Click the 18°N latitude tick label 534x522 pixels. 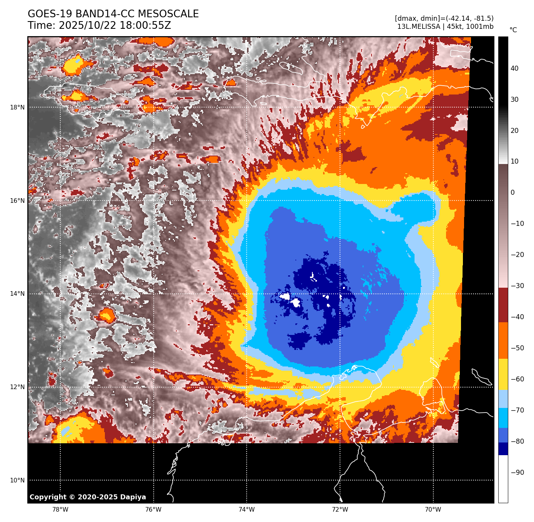point(17,108)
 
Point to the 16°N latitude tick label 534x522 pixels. point(17,201)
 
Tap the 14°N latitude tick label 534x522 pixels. point(17,294)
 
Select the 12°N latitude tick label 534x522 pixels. point(17,387)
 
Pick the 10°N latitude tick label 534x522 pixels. point(17,481)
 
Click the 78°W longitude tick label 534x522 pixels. point(60,510)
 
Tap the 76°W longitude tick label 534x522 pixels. point(153,510)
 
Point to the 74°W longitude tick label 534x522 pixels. point(247,510)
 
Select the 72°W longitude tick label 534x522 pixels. point(340,510)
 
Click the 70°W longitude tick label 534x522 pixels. point(433,510)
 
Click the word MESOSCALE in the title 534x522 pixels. point(168,14)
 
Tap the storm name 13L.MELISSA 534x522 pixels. point(419,27)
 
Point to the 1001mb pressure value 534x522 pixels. point(478,27)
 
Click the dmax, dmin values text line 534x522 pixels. point(444,18)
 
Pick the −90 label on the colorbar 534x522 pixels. point(517,472)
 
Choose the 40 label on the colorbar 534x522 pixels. point(514,69)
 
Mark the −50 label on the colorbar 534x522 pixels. point(517,348)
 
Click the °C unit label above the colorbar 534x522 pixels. point(513,30)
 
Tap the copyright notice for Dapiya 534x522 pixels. point(88,497)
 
